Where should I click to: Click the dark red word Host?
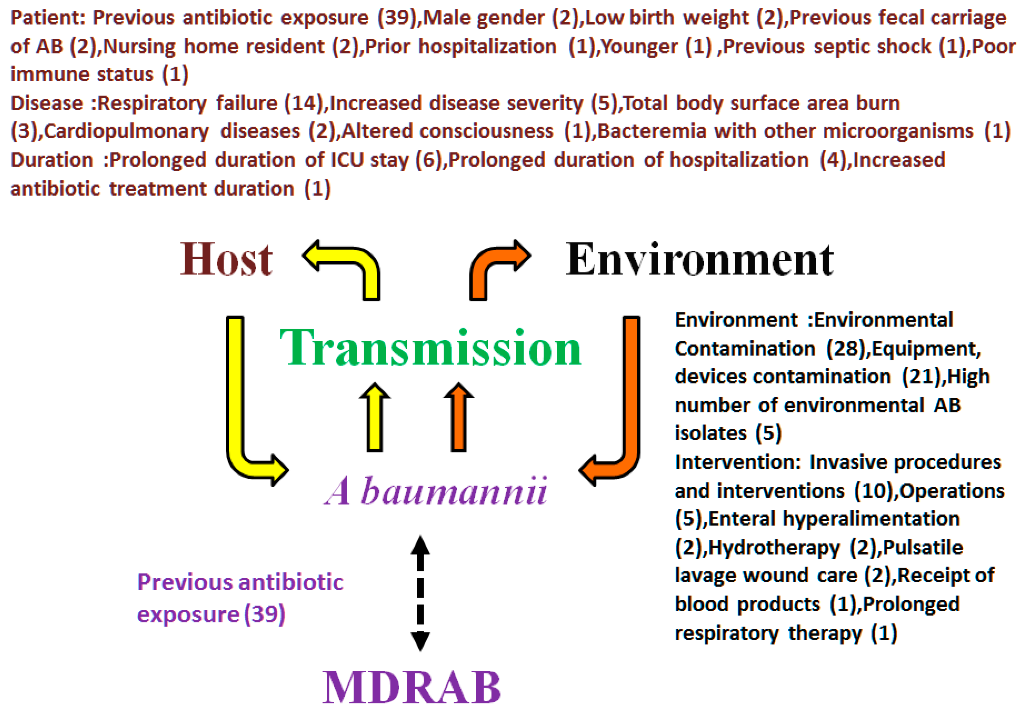pyautogui.click(x=226, y=260)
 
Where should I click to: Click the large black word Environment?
pyautogui.click(x=699, y=260)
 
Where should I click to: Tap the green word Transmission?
pyautogui.click(x=430, y=348)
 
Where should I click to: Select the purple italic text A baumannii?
pyautogui.click(x=436, y=491)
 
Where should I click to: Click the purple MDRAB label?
pyautogui.click(x=412, y=687)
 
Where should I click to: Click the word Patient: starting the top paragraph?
pyautogui.click(x=47, y=18)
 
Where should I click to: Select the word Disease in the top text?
pyautogui.click(x=47, y=104)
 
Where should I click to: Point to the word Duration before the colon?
pyautogui.click(x=52, y=160)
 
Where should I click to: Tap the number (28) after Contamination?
pyautogui.click(x=848, y=349)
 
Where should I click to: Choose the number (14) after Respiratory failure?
pyautogui.click(x=303, y=104)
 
